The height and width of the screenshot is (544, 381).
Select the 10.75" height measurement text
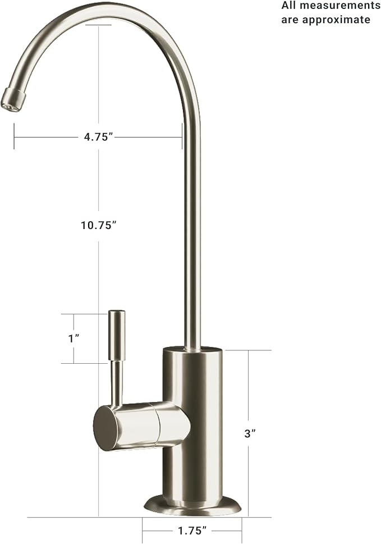[x=98, y=225]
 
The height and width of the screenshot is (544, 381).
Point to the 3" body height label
[x=250, y=433]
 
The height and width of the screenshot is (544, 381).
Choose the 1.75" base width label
[x=192, y=529]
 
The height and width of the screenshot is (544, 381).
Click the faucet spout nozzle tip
[x=12, y=100]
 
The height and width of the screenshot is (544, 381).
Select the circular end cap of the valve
[x=105, y=428]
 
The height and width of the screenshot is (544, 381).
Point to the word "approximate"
[x=342, y=20]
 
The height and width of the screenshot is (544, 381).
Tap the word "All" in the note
[x=290, y=6]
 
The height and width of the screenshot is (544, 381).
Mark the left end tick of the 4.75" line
[x=14, y=137]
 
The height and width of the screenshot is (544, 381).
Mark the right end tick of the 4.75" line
[x=182, y=137]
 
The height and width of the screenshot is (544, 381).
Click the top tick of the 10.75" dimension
[x=98, y=25]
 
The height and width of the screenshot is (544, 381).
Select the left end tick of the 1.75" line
[x=143, y=529]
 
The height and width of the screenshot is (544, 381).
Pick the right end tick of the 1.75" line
[x=242, y=529]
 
